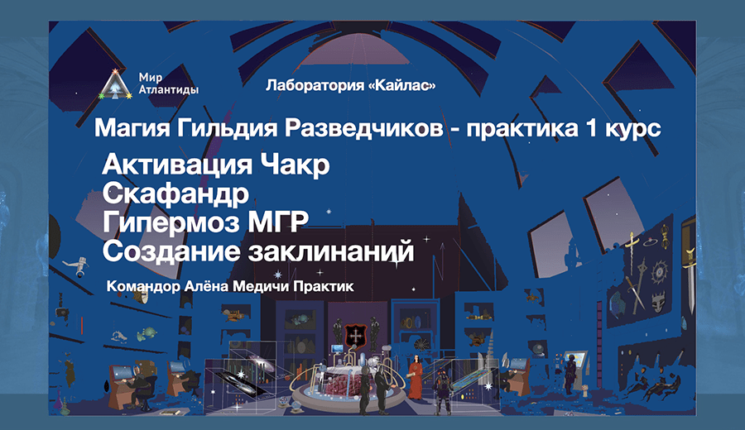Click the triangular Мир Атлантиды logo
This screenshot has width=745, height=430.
click(115, 85)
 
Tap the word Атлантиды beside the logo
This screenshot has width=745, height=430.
click(169, 89)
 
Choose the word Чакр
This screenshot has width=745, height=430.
click(295, 165)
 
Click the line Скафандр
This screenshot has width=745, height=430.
click(175, 193)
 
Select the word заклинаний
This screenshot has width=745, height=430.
click(331, 251)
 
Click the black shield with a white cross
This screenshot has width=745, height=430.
click(355, 336)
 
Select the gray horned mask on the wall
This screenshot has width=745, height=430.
click(657, 301)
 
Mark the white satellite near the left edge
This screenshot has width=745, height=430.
click(77, 265)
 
